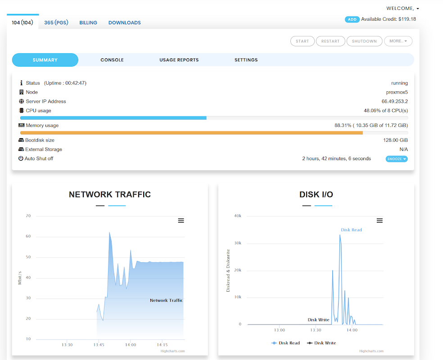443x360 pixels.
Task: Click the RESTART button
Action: tap(330, 41)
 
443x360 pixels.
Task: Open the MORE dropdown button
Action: tap(398, 41)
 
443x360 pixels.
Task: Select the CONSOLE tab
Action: tap(112, 60)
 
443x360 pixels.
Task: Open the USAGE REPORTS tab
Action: tap(179, 60)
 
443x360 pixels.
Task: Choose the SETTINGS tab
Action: tap(246, 60)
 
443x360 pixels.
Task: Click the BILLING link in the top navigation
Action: tap(88, 22)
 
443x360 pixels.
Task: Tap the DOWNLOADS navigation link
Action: tap(125, 22)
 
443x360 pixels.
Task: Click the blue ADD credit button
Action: tap(352, 19)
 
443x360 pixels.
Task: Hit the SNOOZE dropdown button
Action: tap(397, 159)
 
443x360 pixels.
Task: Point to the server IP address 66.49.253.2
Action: tap(394, 102)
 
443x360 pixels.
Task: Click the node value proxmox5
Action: tap(397, 92)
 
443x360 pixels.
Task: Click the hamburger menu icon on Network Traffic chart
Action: tap(181, 220)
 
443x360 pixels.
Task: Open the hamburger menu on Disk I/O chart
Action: tap(380, 220)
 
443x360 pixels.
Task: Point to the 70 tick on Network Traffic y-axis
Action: tap(28, 216)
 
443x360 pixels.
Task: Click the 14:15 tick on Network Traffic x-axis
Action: tap(162, 345)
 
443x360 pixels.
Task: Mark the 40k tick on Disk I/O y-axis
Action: tap(238, 216)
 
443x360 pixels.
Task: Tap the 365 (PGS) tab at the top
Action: tap(56, 22)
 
